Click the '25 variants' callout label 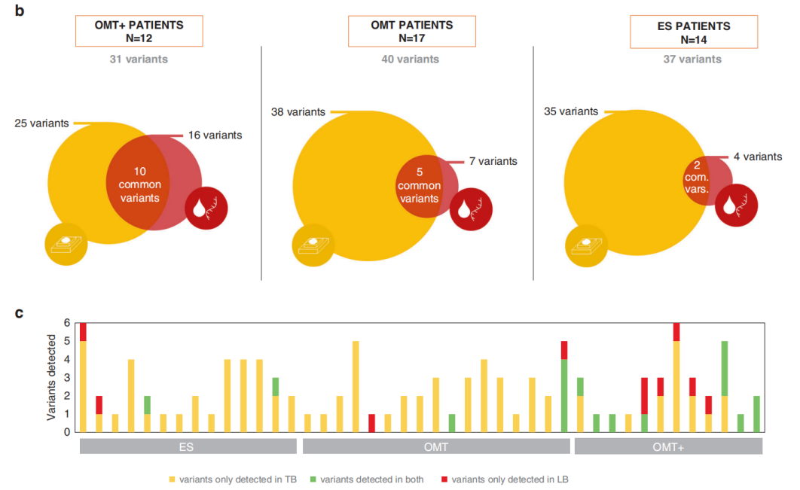(x=42, y=123)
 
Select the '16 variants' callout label (x=215, y=135)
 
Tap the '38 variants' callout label (x=298, y=112)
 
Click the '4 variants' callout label (x=757, y=157)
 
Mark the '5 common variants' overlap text (x=419, y=185)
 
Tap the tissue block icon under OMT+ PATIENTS (x=67, y=243)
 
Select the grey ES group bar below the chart (x=188, y=446)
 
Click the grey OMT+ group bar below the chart (x=668, y=446)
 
